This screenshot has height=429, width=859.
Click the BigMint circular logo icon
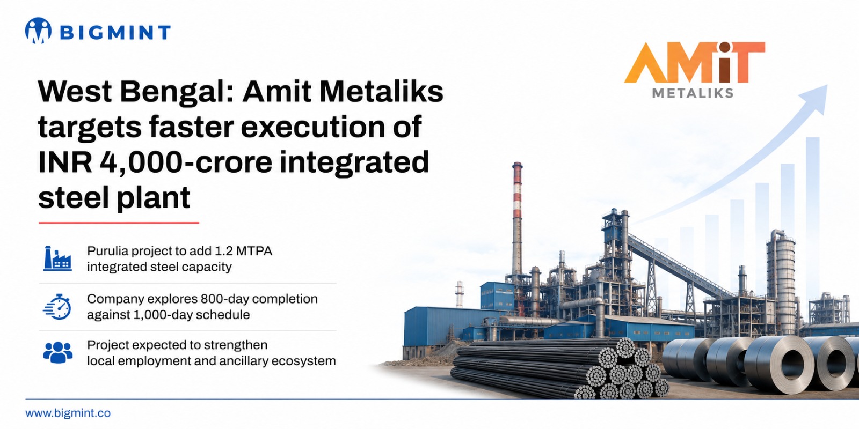tap(38, 31)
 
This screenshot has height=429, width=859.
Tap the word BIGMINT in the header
tap(115, 32)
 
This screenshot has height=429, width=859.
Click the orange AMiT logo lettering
tap(695, 62)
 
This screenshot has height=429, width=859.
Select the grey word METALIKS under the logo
tap(693, 93)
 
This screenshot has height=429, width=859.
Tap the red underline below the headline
tap(119, 222)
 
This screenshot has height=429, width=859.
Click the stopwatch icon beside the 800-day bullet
tap(57, 307)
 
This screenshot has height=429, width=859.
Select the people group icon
tap(57, 352)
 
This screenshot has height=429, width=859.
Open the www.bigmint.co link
tap(68, 413)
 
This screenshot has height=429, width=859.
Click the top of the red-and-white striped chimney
tap(518, 165)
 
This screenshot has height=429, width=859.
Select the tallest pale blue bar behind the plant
tap(813, 218)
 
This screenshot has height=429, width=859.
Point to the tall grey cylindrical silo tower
tap(781, 282)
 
